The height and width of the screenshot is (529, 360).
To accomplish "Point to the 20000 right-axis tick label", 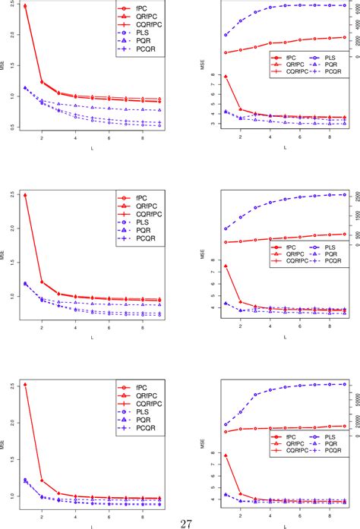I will tap(352, 414).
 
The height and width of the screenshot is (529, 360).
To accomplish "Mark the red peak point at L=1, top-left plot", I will tap(25, 6).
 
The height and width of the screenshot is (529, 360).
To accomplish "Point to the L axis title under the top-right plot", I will tap(286, 147).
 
